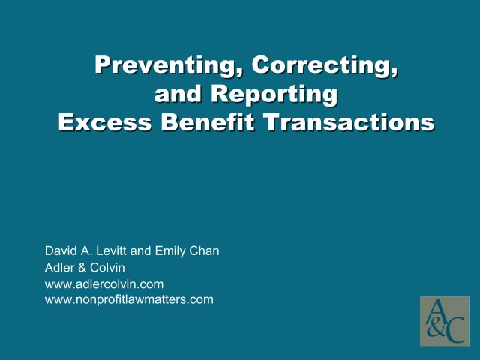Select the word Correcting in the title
(x=325, y=66)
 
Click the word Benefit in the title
(x=201, y=123)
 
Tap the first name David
(x=61, y=251)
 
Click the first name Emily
(x=170, y=251)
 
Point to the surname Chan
(x=205, y=251)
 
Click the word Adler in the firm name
(x=60, y=268)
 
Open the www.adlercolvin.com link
(x=104, y=284)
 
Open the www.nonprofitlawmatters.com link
(x=129, y=299)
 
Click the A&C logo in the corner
(x=444, y=321)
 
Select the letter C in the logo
(x=454, y=331)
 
